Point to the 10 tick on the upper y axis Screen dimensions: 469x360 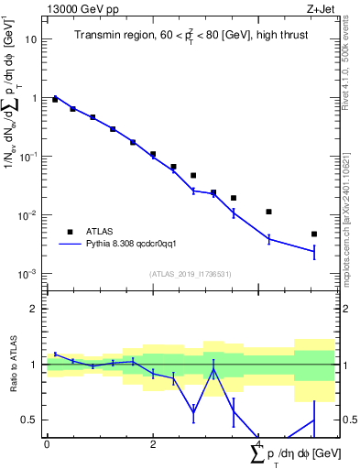tap(32, 39)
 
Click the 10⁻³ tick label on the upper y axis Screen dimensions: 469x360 tap(30, 275)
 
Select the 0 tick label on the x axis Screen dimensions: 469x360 tap(47, 445)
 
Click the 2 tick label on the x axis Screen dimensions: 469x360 tap(153, 445)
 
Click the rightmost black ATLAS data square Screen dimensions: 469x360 tap(313, 234)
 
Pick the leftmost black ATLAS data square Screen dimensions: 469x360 tap(55, 99)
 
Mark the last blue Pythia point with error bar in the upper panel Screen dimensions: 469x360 tap(313, 251)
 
